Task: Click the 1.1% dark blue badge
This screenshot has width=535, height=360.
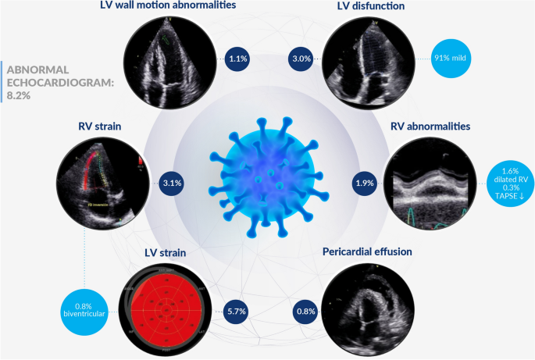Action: point(237,58)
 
